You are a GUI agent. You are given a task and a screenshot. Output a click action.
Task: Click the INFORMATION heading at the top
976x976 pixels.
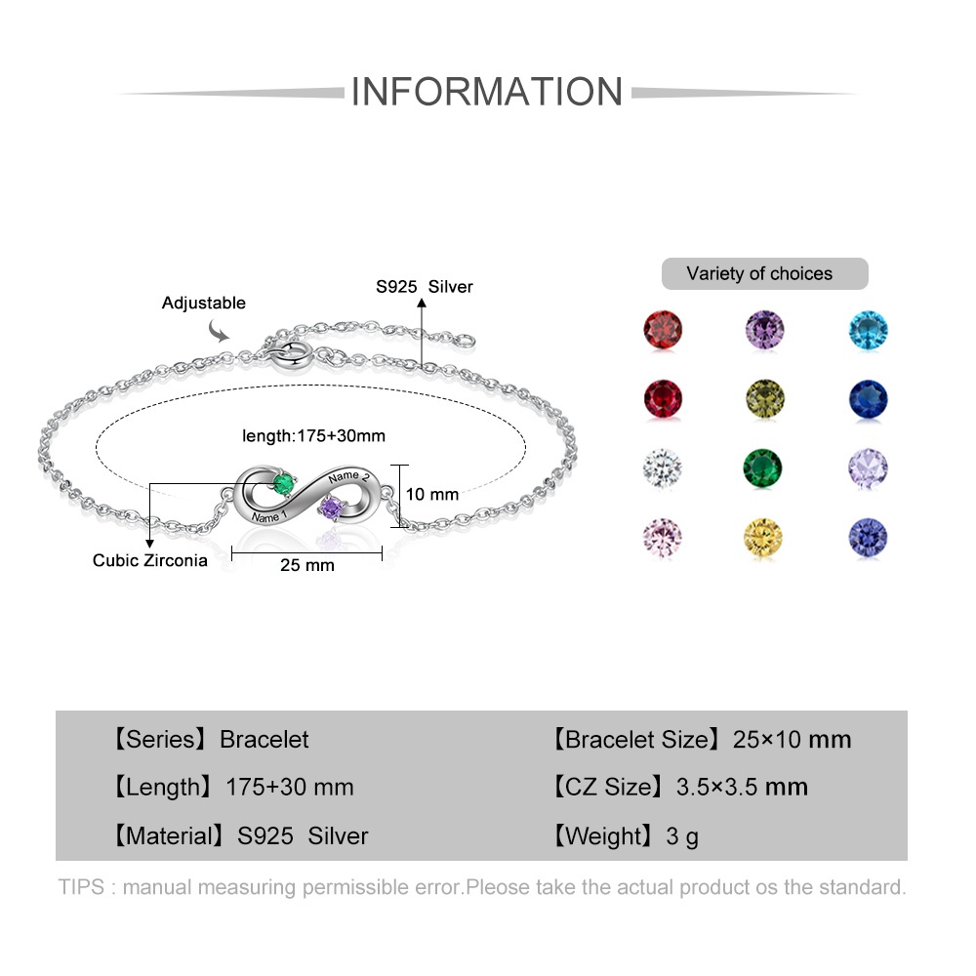(x=486, y=92)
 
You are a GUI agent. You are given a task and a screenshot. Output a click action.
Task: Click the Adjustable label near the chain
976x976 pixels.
(x=204, y=304)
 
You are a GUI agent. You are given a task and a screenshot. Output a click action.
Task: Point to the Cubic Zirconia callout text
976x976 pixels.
(x=150, y=560)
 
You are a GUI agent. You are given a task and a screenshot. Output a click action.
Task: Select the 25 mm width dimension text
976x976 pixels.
(x=307, y=565)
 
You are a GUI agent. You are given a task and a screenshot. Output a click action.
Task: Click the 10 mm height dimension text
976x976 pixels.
(x=432, y=495)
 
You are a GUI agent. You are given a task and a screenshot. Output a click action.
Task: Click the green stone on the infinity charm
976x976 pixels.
(x=284, y=483)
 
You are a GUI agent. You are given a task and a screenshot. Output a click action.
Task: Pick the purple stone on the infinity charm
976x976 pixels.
(x=333, y=508)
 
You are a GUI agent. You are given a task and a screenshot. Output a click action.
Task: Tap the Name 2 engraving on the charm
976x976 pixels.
(x=349, y=477)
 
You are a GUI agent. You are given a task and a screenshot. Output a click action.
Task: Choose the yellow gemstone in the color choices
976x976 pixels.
(x=764, y=538)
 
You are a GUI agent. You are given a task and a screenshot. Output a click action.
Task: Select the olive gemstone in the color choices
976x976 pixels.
(x=764, y=398)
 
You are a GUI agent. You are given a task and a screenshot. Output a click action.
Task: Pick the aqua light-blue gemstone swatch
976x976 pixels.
(x=868, y=330)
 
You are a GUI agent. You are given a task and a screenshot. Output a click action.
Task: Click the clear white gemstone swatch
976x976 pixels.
(x=662, y=468)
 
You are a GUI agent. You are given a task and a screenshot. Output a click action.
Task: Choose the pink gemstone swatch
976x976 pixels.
(x=662, y=538)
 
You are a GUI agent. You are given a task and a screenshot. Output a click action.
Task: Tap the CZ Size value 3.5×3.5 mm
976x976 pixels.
(x=742, y=787)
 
